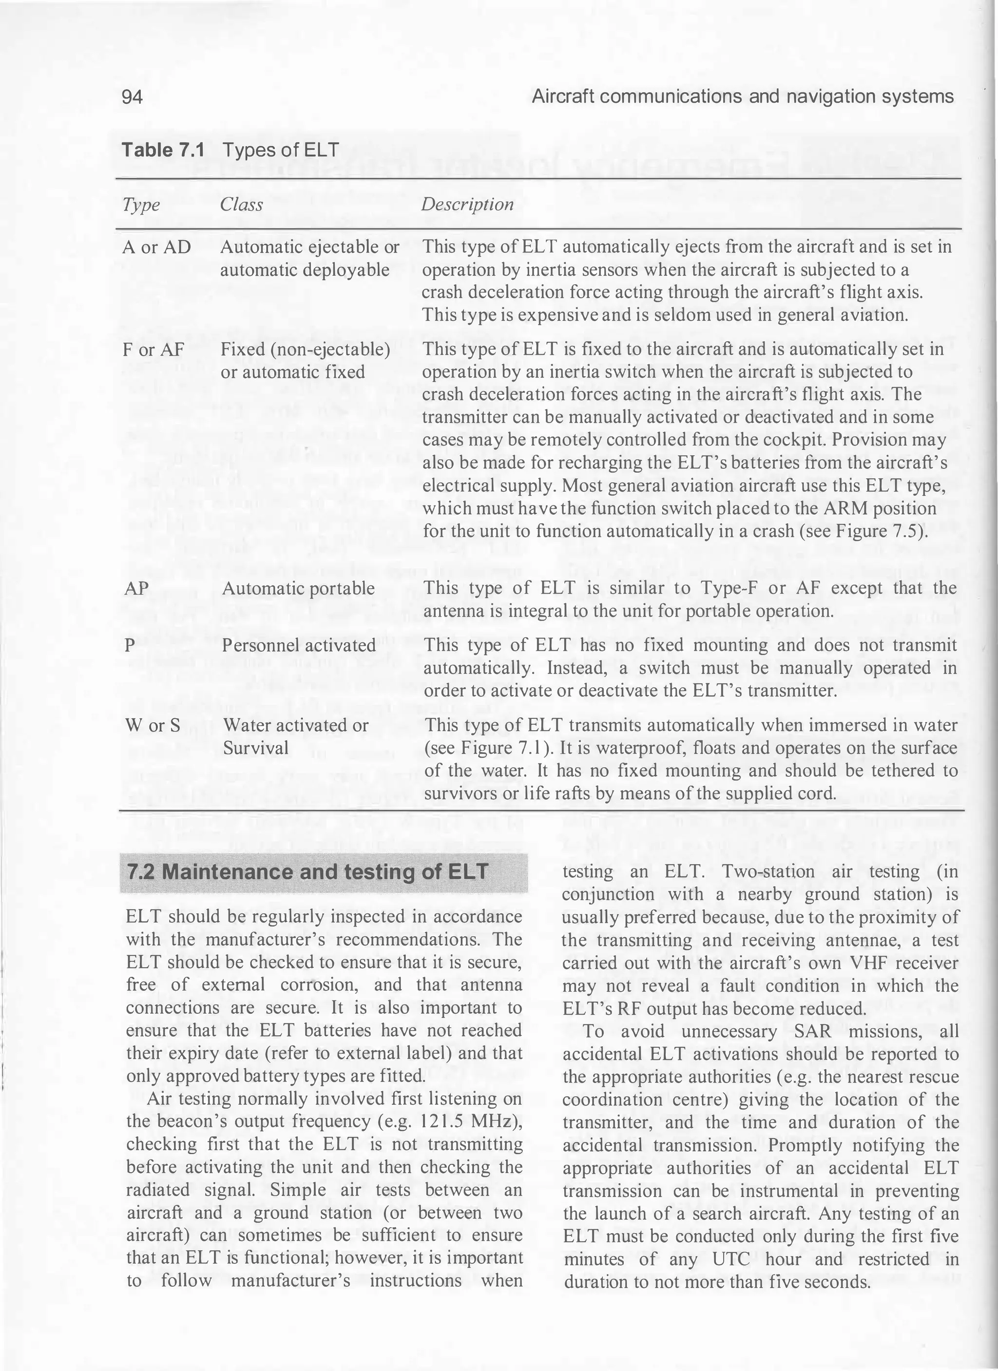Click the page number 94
(x=133, y=97)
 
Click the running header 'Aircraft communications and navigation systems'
(x=742, y=97)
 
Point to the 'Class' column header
(x=241, y=205)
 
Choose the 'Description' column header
(x=467, y=204)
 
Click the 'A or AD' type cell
(x=156, y=247)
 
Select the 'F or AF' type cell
(x=154, y=349)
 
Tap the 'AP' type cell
(x=136, y=588)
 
